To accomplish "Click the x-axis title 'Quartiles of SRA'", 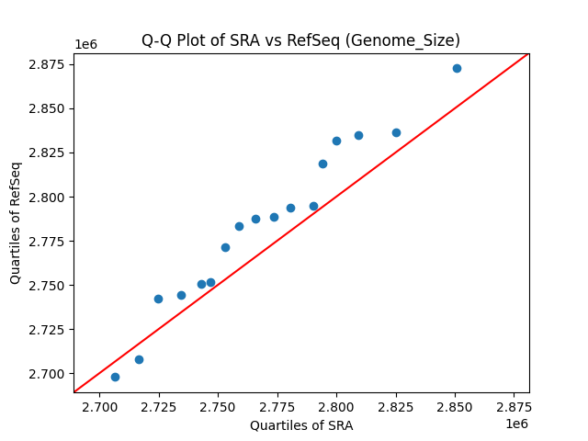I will coord(301,425).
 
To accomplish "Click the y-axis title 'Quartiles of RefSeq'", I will coord(16,222).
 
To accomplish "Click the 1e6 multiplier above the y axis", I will coord(85,44).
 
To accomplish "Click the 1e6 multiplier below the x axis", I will coord(516,424).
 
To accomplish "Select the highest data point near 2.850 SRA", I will coord(457,68).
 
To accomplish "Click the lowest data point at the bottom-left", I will coord(115,377).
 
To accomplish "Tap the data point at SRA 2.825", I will coord(396,132).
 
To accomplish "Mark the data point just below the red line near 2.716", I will coord(139,359).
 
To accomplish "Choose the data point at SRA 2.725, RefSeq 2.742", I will coord(158,299).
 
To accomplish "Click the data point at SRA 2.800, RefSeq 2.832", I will coord(336,141).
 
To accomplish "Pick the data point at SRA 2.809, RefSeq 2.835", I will coord(358,135).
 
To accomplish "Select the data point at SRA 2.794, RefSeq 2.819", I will coord(322,164).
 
